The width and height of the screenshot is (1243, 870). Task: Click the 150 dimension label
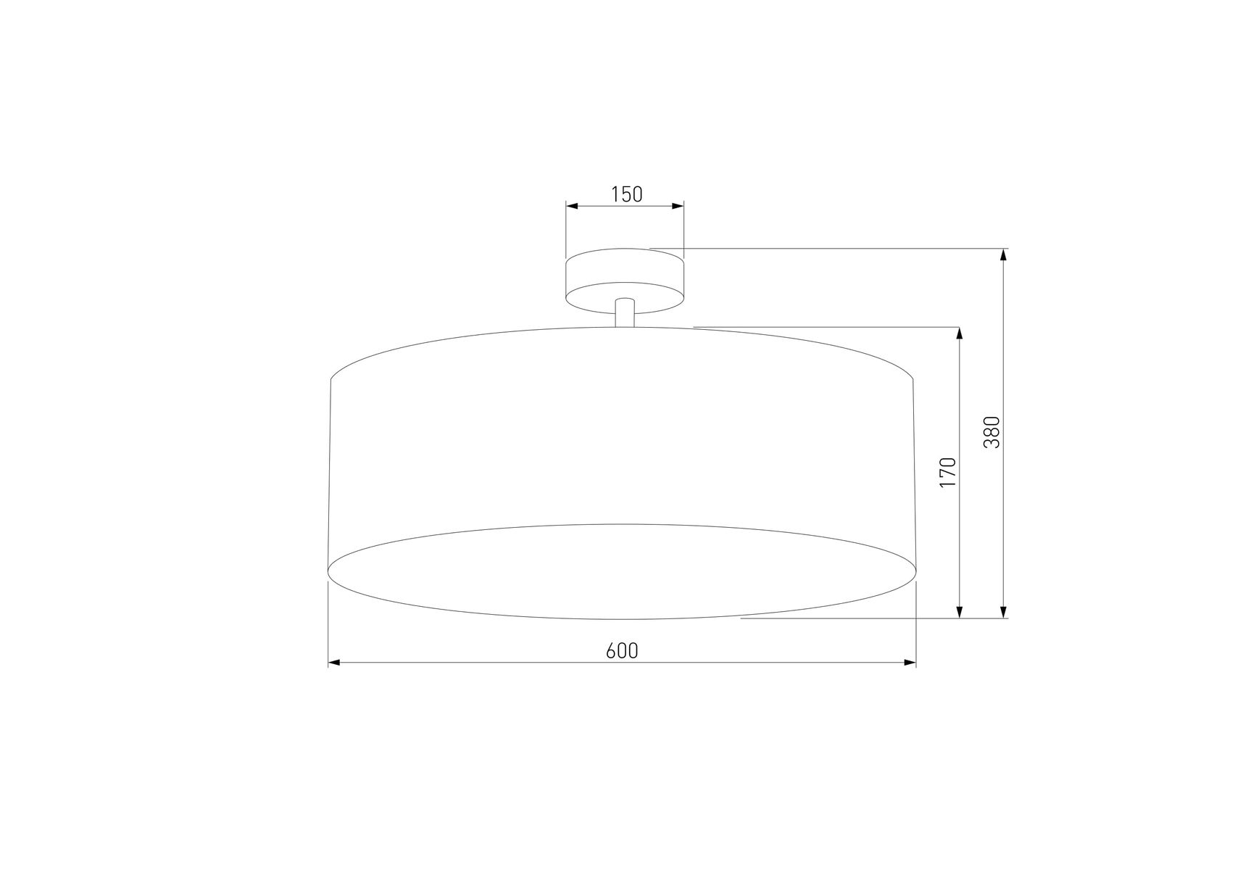[627, 194]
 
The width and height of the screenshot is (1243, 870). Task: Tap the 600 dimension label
[622, 651]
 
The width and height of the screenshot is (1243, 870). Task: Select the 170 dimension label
[948, 472]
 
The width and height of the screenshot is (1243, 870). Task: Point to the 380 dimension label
[992, 432]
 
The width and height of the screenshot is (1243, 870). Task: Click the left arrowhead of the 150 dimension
[572, 206]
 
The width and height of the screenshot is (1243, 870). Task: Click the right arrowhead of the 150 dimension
[678, 206]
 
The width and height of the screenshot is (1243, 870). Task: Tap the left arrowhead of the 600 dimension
[335, 663]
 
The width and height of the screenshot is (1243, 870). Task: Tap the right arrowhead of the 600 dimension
[910, 663]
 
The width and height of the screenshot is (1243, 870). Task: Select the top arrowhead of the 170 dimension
[960, 333]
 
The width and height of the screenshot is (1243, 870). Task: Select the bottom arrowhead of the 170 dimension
[960, 612]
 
